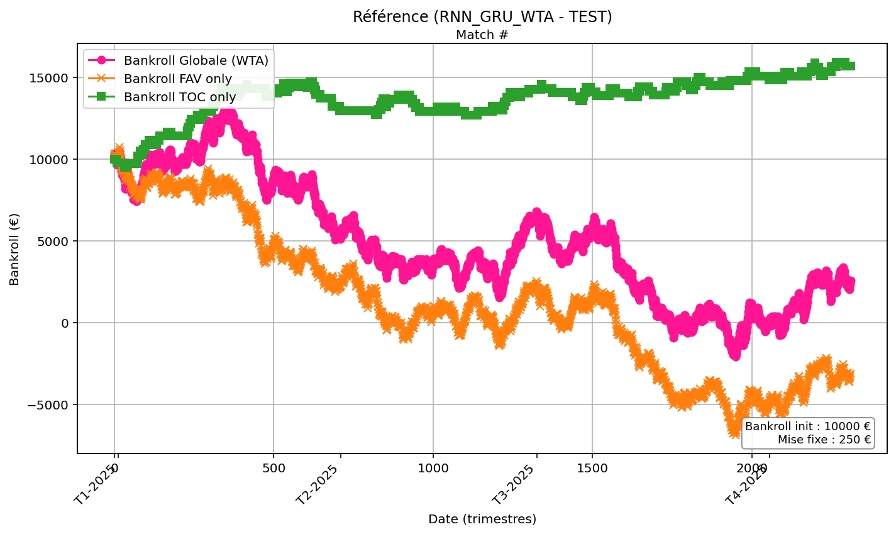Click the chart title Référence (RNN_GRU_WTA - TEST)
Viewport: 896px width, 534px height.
pyautogui.click(x=482, y=17)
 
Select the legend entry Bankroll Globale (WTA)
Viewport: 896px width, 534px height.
pyautogui.click(x=196, y=61)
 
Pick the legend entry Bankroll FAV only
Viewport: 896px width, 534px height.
pyautogui.click(x=177, y=79)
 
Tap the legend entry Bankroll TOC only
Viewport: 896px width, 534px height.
pyautogui.click(x=180, y=97)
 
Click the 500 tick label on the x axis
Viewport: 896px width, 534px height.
pyautogui.click(x=274, y=469)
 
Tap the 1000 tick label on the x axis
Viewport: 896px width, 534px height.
pyautogui.click(x=433, y=469)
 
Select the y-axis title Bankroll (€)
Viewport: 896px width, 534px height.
pyautogui.click(x=15, y=249)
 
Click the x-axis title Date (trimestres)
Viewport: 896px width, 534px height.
pyautogui.click(x=482, y=520)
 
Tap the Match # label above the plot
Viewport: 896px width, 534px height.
pyautogui.click(x=482, y=35)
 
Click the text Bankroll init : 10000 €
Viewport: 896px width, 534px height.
pyautogui.click(x=808, y=426)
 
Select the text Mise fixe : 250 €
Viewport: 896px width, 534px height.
pyautogui.click(x=824, y=440)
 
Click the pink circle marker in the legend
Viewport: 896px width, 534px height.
pyautogui.click(x=102, y=61)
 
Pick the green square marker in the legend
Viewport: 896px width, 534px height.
pyautogui.click(x=102, y=97)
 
